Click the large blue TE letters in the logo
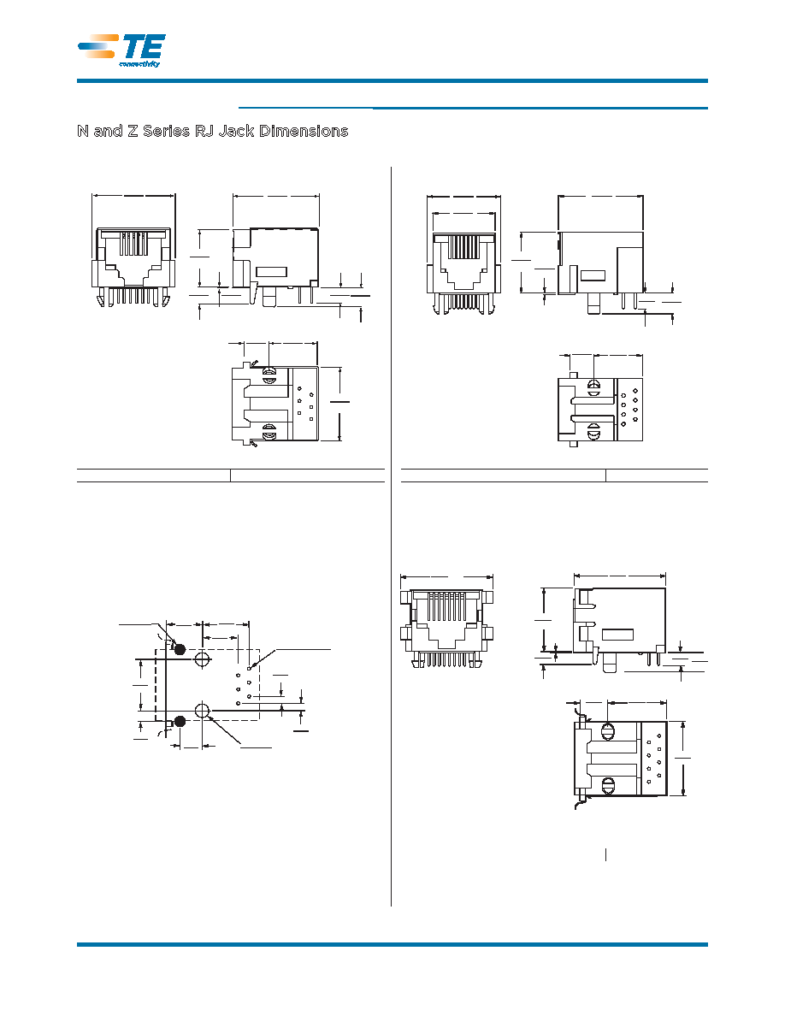click(x=144, y=47)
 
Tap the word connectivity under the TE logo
click(x=139, y=63)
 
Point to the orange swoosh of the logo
click(x=98, y=46)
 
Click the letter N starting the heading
click(x=83, y=131)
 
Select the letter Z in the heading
click(x=133, y=131)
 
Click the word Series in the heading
click(x=166, y=131)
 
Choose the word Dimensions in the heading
click(x=304, y=131)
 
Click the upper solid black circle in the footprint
click(x=180, y=648)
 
